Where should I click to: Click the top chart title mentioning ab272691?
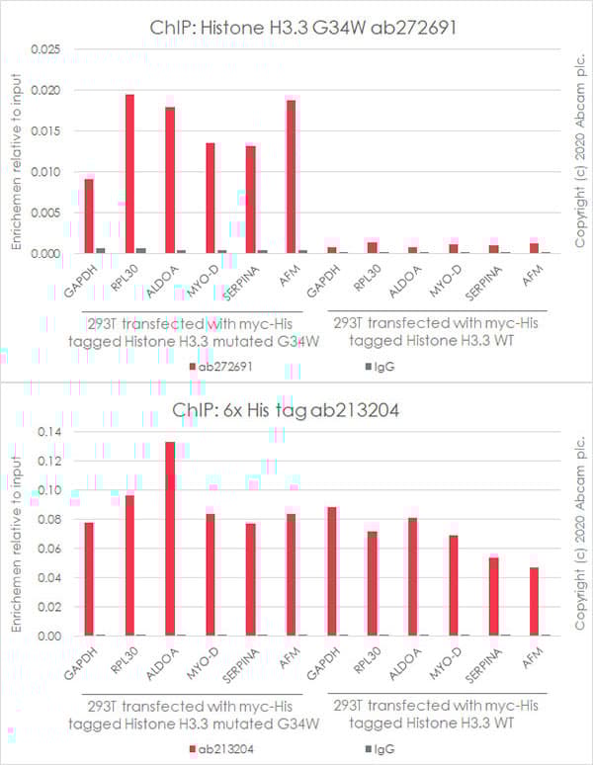tap(296, 27)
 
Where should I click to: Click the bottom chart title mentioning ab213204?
tap(296, 410)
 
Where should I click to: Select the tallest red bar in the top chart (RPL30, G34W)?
tap(129, 173)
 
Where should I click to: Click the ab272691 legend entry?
tap(226, 367)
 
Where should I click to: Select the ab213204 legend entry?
tap(226, 749)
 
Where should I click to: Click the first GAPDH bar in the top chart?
tap(89, 215)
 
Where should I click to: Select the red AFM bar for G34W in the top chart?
tap(292, 176)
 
